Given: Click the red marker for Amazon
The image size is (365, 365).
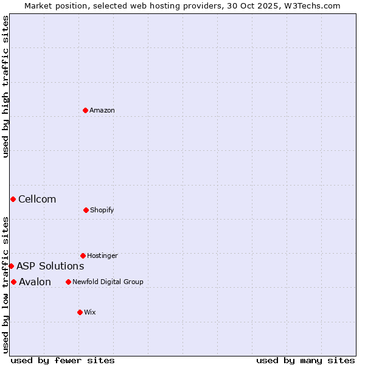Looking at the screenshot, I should pyautogui.click(x=86, y=110).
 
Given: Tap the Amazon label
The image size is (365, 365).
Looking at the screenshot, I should pyautogui.click(x=102, y=110).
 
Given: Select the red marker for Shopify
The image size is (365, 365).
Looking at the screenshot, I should pyautogui.click(x=86, y=210).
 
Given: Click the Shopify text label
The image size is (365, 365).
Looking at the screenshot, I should pyautogui.click(x=102, y=210).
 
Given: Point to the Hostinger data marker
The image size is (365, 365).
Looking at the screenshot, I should pyautogui.click(x=83, y=255).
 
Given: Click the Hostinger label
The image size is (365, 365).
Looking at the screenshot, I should pyautogui.click(x=102, y=255).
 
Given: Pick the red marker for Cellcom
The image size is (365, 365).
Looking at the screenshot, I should pyautogui.click(x=13, y=199).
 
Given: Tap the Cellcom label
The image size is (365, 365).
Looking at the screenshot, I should pyautogui.click(x=37, y=199).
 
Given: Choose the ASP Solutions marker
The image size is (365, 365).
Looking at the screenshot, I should pyautogui.click(x=11, y=266).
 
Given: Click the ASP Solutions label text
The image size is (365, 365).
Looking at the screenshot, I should pyautogui.click(x=50, y=266).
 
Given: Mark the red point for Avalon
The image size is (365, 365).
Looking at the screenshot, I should pyautogui.click(x=13, y=282).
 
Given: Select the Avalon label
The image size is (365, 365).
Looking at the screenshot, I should pyautogui.click(x=35, y=282).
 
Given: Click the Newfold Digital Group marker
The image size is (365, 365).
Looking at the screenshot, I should pyautogui.click(x=68, y=282).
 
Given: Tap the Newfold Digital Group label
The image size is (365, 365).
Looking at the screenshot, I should pyautogui.click(x=108, y=282).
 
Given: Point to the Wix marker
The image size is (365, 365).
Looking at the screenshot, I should pyautogui.click(x=80, y=312).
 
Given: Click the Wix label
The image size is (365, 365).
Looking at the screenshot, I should pyautogui.click(x=90, y=312).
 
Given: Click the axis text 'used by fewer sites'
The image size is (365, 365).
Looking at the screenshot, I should pyautogui.click(x=63, y=360).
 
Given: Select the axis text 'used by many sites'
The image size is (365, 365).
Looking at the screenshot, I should pyautogui.click(x=305, y=360).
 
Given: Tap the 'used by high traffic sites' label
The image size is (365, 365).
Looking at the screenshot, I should pyautogui.click(x=5, y=86).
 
